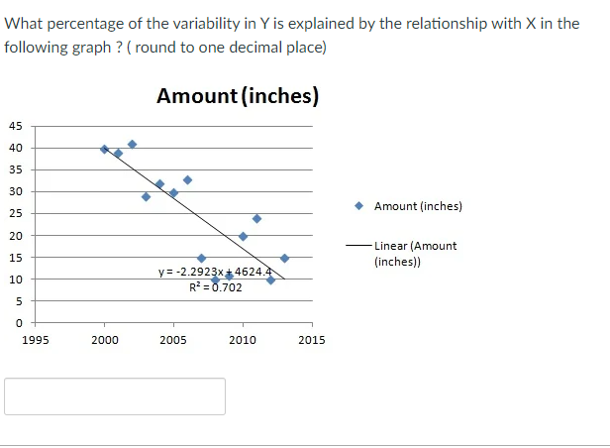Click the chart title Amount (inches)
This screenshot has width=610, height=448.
pyautogui.click(x=238, y=96)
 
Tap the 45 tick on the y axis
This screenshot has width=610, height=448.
pyautogui.click(x=16, y=126)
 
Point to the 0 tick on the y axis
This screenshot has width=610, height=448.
pyautogui.click(x=19, y=323)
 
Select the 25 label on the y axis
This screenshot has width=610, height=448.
pyautogui.click(x=16, y=214)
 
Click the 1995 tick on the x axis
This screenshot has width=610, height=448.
pyautogui.click(x=35, y=340)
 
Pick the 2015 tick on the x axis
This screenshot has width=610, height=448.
pyautogui.click(x=312, y=340)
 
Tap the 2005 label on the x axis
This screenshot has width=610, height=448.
pyautogui.click(x=173, y=340)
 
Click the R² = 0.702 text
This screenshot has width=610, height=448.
pyautogui.click(x=216, y=287)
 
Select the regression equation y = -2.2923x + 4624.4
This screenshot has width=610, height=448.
pyautogui.click(x=215, y=271)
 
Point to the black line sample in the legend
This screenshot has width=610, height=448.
pyautogui.click(x=358, y=246)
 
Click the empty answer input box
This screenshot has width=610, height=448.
pyautogui.click(x=115, y=395)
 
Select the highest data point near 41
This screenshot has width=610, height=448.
pyautogui.click(x=132, y=144)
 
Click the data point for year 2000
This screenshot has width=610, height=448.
pyautogui.click(x=104, y=149)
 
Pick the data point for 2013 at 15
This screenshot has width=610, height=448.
pyautogui.click(x=284, y=258)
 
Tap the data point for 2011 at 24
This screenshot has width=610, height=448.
pyautogui.click(x=256, y=218)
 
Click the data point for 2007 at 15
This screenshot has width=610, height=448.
pyautogui.click(x=201, y=258)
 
